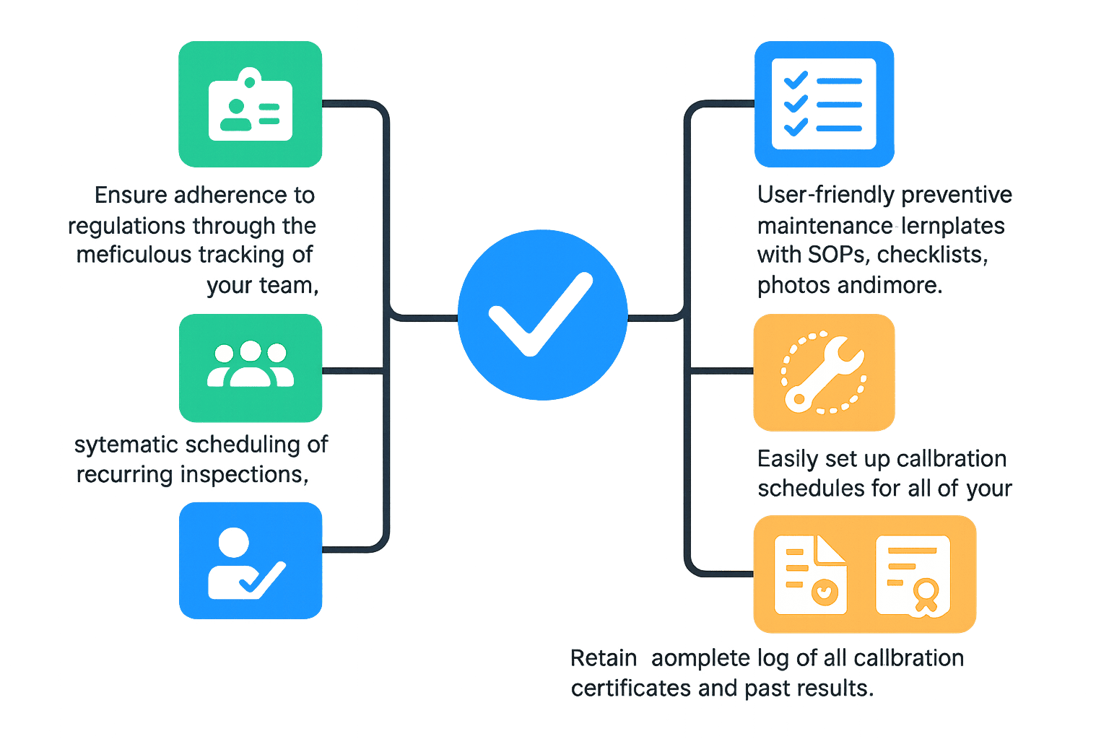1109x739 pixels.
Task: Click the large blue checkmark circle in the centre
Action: [x=542, y=314]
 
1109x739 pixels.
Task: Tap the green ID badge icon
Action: [x=251, y=104]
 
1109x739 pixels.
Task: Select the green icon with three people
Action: [x=251, y=368]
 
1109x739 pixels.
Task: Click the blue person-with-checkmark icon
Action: [x=251, y=561]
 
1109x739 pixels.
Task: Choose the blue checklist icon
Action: [x=824, y=104]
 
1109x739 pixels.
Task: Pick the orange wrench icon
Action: [x=824, y=373]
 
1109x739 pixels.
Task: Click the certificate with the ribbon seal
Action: [x=913, y=576]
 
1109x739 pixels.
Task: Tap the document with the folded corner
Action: [x=810, y=575]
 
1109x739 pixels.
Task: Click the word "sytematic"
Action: [x=127, y=445]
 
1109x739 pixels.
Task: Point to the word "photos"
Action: [x=791, y=286]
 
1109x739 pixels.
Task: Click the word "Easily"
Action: [x=788, y=459]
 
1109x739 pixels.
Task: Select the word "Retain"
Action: [x=604, y=658]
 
